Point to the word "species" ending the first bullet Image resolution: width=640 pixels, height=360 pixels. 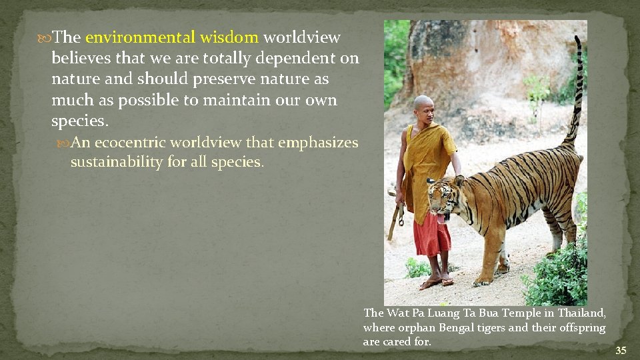tap(78, 122)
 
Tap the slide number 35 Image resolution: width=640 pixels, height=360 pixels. tap(621, 351)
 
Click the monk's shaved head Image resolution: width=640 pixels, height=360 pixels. tap(423, 103)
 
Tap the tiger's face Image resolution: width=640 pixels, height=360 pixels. tap(441, 199)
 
